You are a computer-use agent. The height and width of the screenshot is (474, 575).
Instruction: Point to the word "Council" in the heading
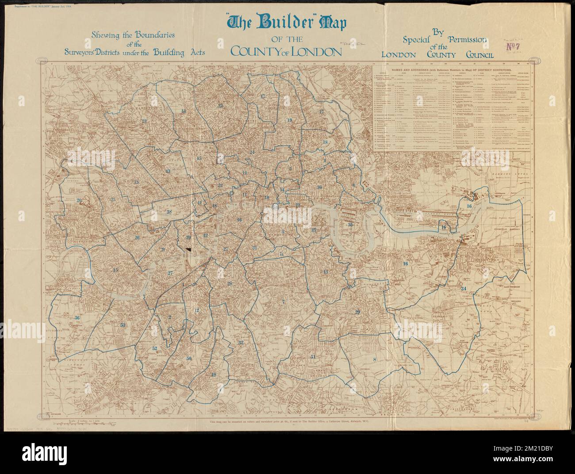tap(479, 55)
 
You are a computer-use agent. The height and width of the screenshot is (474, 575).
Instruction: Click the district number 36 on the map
tap(77, 318)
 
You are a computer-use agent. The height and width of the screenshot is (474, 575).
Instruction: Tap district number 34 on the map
tap(464, 289)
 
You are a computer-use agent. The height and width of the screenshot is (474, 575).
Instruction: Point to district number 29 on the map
tap(357, 312)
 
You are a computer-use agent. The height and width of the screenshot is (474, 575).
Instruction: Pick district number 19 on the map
tap(290, 120)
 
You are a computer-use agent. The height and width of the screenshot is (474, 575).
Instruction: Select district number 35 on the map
tap(350, 225)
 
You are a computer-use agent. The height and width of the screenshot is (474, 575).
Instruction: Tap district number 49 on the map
tap(214, 375)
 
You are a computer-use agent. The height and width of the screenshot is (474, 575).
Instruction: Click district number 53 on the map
tap(123, 325)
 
